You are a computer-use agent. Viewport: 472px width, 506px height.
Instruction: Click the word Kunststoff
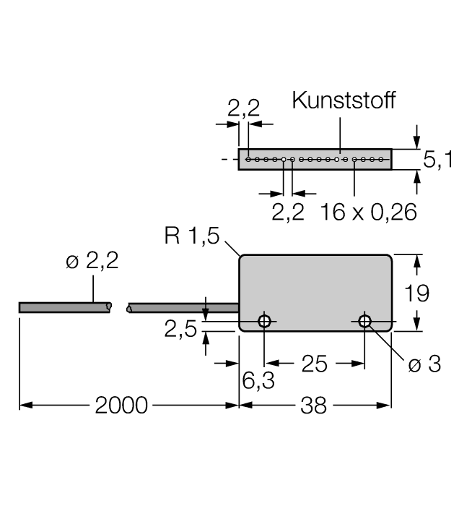[x=344, y=100]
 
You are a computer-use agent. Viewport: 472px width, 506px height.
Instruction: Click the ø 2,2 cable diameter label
[x=92, y=262]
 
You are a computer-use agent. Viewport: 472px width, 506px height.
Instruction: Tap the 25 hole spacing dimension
[x=314, y=364]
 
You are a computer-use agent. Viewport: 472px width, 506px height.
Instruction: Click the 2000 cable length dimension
[x=121, y=406]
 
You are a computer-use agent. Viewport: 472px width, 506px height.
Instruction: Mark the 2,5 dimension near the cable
[x=180, y=330]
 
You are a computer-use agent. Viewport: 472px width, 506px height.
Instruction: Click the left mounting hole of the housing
[x=265, y=320]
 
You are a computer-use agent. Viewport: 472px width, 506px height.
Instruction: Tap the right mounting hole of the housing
[x=364, y=320]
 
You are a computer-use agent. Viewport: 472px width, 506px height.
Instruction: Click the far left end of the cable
[x=21, y=307]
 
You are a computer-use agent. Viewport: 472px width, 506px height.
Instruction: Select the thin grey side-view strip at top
[x=315, y=159]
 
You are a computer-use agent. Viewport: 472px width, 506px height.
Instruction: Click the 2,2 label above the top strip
[x=244, y=108]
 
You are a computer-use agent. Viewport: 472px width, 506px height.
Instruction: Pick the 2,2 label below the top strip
[x=288, y=212]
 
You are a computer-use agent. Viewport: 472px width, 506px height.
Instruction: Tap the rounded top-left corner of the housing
[x=242, y=257]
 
